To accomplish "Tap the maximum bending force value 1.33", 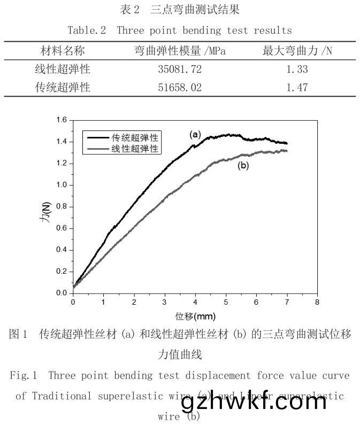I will (297, 69).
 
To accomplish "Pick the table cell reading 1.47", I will (297, 88).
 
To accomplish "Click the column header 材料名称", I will (63, 51).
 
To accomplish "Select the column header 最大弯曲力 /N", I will (297, 51).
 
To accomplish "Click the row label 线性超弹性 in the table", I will (63, 69).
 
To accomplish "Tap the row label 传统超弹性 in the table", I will (63, 88).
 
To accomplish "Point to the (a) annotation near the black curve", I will (196, 135).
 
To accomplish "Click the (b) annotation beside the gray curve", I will (243, 166).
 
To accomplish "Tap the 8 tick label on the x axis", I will (317, 302).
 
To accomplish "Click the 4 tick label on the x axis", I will (195, 302).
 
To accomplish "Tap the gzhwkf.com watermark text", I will (254, 401).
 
